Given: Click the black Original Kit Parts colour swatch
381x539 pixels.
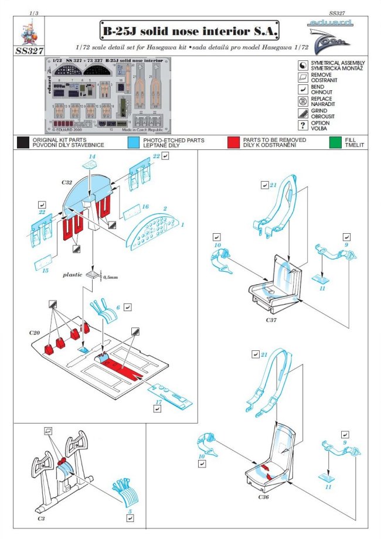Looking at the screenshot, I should [23, 142].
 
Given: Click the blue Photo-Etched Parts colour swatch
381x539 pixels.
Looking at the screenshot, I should [133, 142].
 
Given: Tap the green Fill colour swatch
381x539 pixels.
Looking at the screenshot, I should [336, 142].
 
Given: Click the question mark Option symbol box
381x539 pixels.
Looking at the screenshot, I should [302, 126].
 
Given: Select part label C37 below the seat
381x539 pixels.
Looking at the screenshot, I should [270, 320].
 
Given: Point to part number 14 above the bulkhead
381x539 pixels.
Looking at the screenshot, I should [91, 156].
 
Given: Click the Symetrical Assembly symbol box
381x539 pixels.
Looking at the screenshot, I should [302, 64].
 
